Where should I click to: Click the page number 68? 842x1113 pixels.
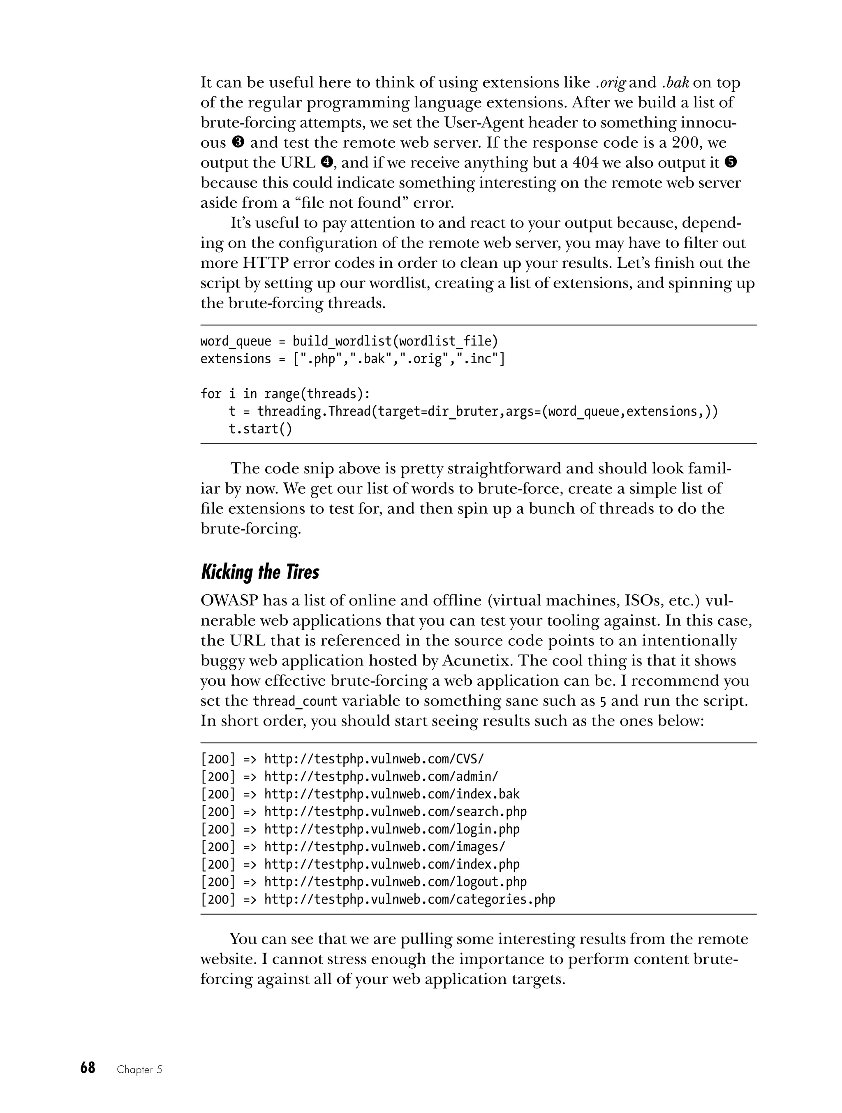point(88,1068)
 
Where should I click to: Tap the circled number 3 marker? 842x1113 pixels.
point(238,142)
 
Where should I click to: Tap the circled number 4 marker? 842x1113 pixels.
point(327,162)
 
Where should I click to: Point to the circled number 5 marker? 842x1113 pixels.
point(731,162)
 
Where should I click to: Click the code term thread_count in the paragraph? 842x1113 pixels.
point(295,701)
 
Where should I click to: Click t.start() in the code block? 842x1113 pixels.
point(260,429)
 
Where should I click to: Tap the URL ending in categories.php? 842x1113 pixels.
point(409,899)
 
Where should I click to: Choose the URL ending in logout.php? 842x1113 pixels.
point(396,881)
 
